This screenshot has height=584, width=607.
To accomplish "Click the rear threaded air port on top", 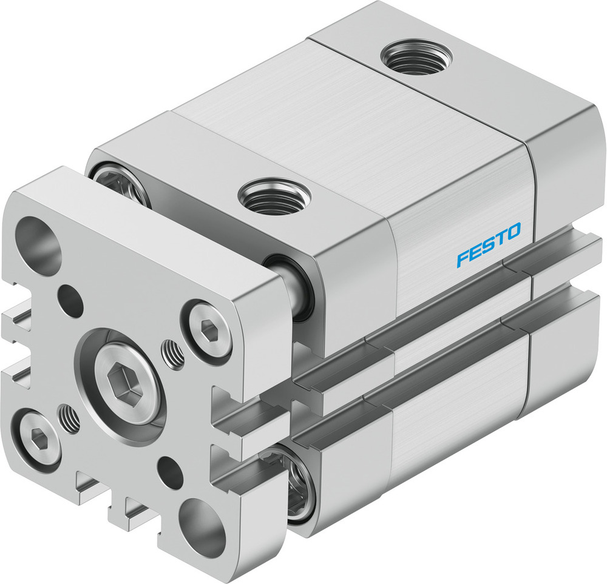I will tap(416, 57).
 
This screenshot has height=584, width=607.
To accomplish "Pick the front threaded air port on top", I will tap(274, 196).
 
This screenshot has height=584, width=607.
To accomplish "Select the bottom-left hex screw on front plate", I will tap(36, 437).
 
